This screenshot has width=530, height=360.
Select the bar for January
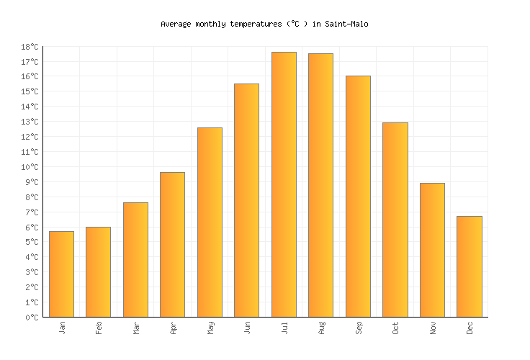pyautogui.click(x=61, y=274)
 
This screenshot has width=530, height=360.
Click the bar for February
pyautogui.click(x=98, y=271)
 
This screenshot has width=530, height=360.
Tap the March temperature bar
pyautogui.click(x=135, y=259)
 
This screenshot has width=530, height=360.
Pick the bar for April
pyautogui.click(x=172, y=244)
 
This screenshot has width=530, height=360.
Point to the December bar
pyautogui.click(x=469, y=266)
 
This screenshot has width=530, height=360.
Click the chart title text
pyautogui.click(x=264, y=24)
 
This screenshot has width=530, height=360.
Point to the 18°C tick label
pyautogui.click(x=30, y=47)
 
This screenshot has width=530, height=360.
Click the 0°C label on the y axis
pyautogui.click(x=32, y=318)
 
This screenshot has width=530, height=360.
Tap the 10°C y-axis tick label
pyautogui.click(x=30, y=167)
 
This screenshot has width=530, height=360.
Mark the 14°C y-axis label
pyautogui.click(x=30, y=107)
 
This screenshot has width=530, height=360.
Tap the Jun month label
pyautogui.click(x=247, y=328)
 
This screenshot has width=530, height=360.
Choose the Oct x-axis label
pyautogui.click(x=395, y=328)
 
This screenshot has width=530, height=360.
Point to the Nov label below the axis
pyautogui.click(x=432, y=328)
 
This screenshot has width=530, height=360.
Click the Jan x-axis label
pyautogui.click(x=62, y=328)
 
